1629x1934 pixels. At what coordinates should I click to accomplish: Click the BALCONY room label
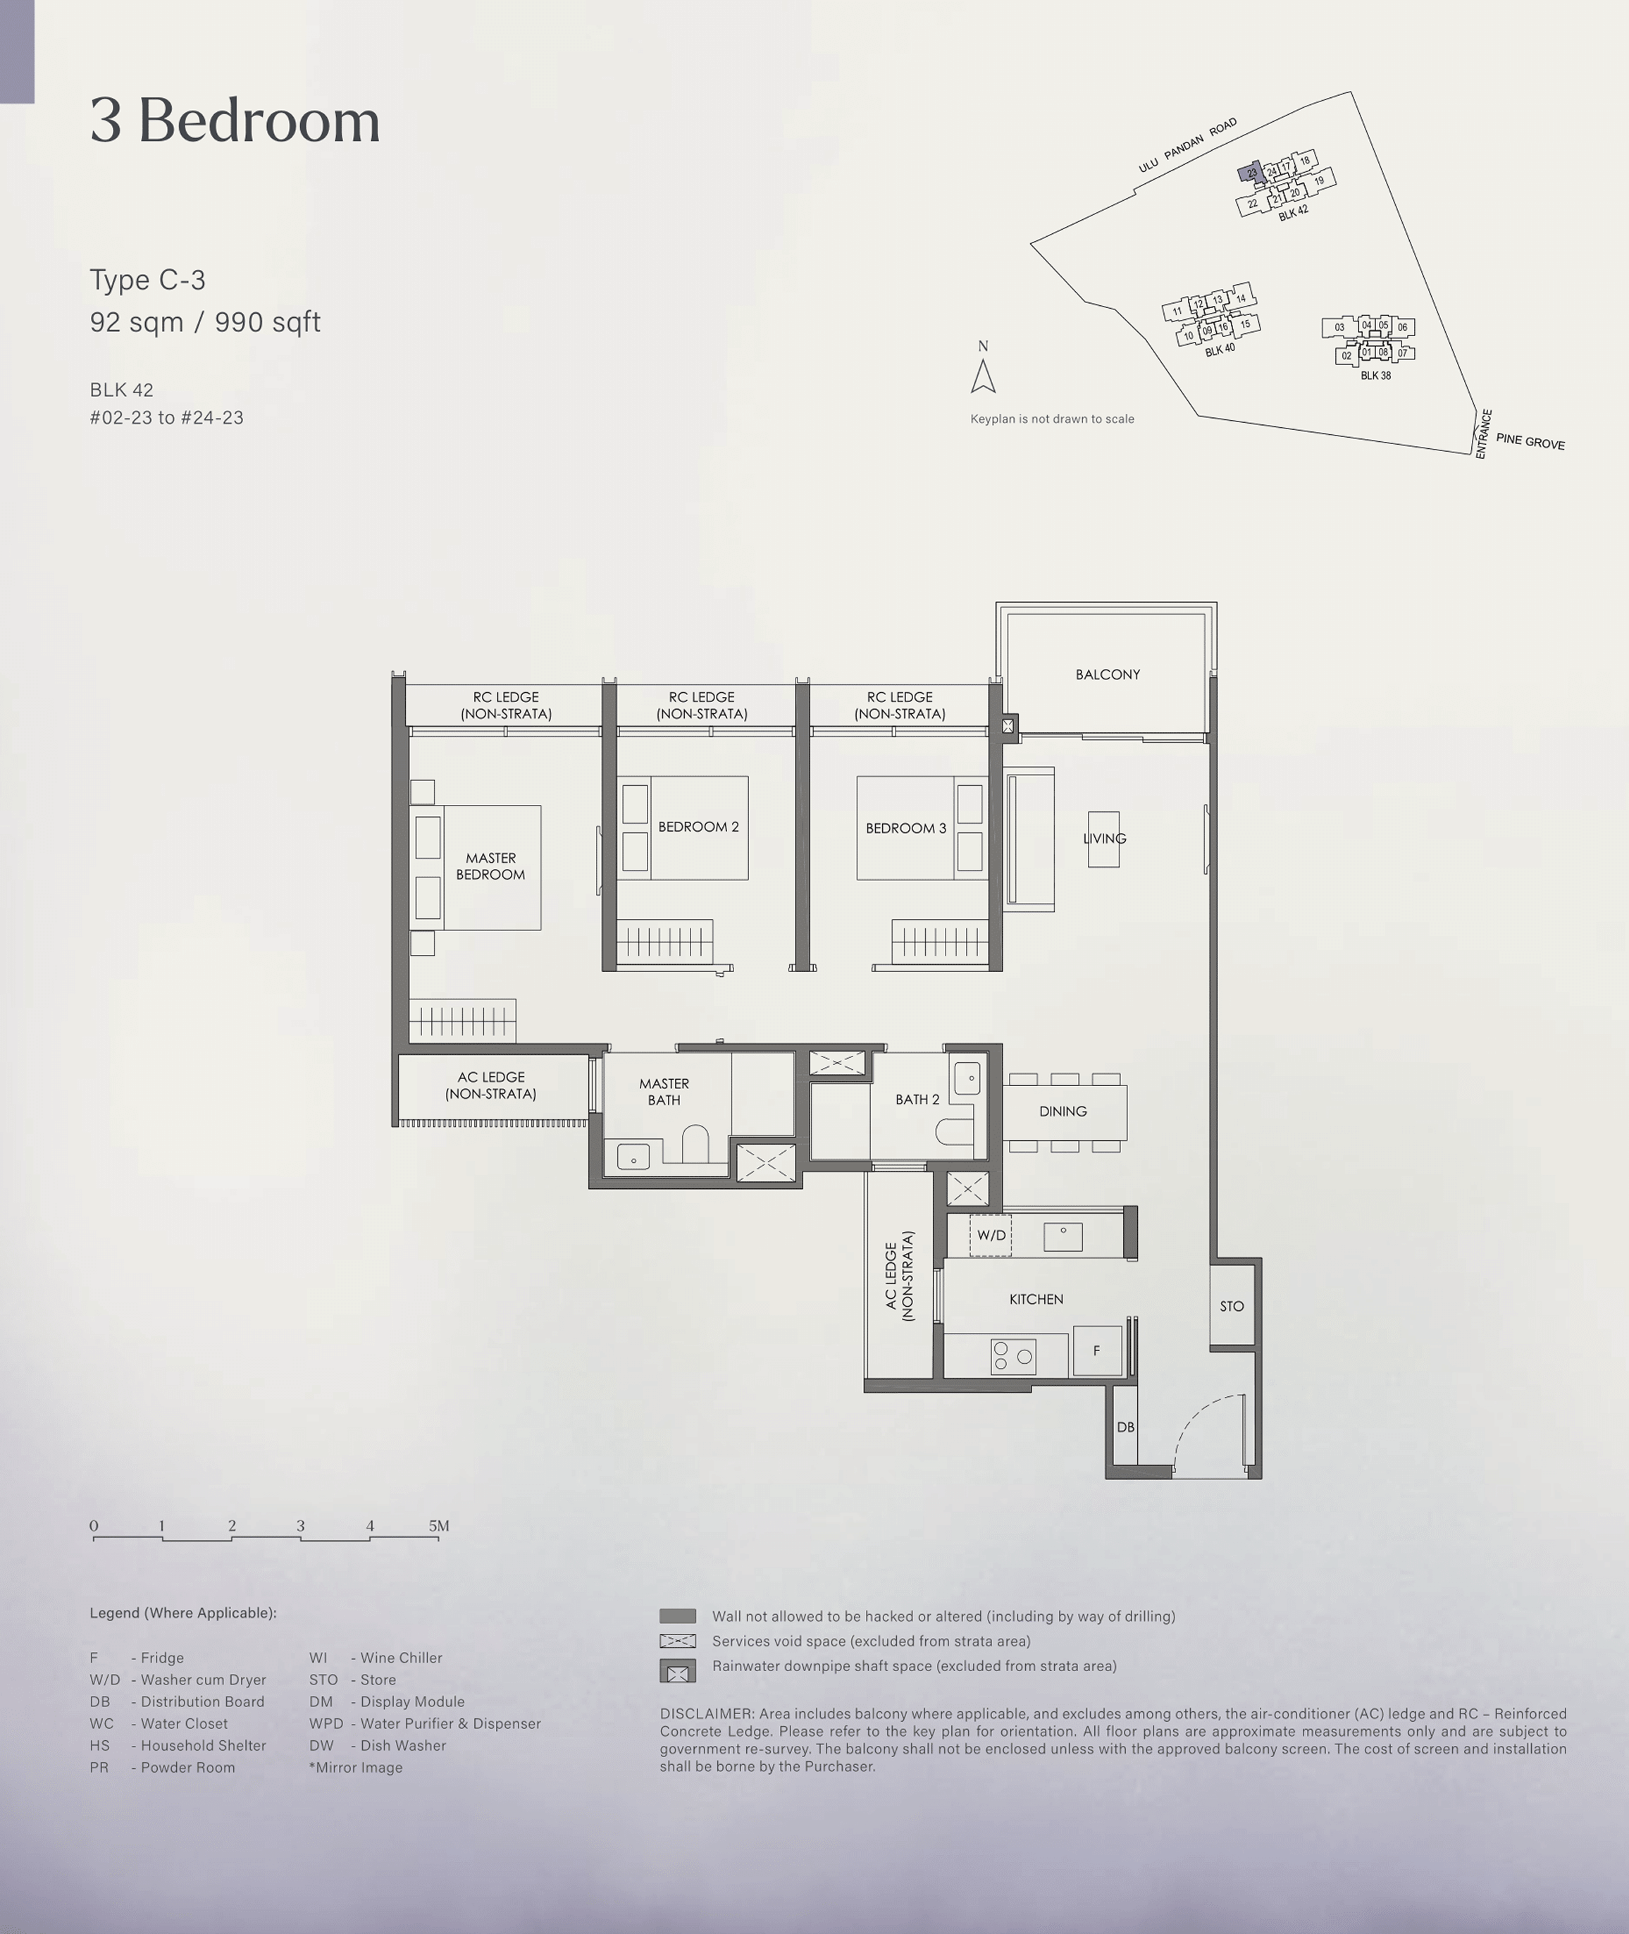click(1107, 675)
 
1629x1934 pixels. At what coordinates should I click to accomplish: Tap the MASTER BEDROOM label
click(490, 866)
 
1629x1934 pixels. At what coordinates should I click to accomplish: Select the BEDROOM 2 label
click(698, 827)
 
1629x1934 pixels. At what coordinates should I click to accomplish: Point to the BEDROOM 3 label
click(906, 828)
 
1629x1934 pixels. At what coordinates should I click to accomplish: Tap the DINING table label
click(1063, 1111)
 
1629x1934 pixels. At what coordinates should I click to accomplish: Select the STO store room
click(1232, 1306)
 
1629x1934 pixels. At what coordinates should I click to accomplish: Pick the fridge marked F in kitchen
click(1097, 1350)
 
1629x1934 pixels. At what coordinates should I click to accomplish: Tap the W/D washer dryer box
click(991, 1236)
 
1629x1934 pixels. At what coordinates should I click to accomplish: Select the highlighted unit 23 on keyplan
click(1251, 173)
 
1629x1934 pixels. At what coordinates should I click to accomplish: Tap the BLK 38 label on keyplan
click(1376, 376)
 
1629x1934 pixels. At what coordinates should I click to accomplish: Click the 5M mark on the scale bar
click(439, 1526)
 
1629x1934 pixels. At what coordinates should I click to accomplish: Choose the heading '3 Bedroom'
click(235, 121)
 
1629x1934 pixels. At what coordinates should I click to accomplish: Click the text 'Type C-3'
click(148, 280)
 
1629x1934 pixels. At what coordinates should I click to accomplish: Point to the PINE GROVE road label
click(1530, 441)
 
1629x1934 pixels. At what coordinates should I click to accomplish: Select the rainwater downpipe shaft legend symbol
click(677, 1672)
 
